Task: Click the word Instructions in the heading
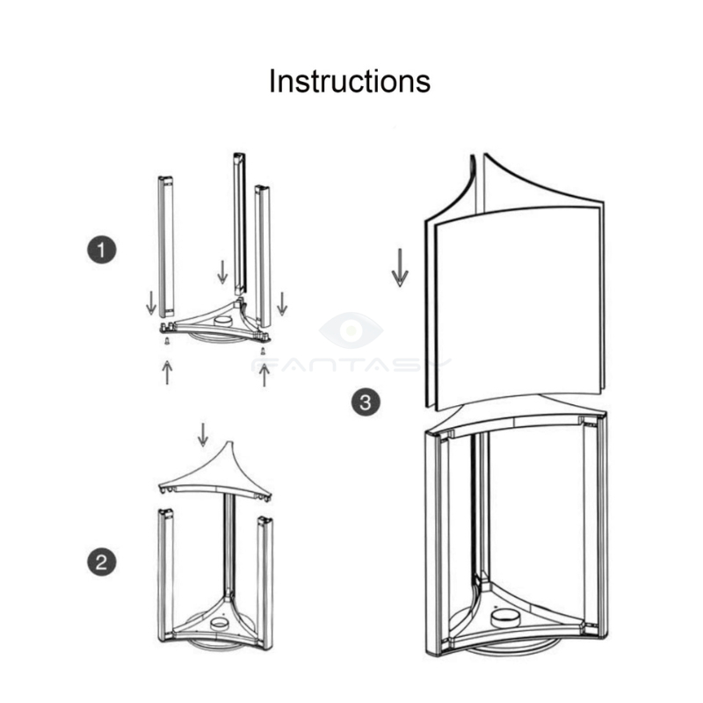click(x=349, y=81)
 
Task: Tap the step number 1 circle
click(x=102, y=250)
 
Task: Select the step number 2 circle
click(x=102, y=562)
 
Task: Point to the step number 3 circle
click(x=366, y=402)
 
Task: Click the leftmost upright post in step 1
click(x=166, y=247)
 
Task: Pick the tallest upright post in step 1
click(x=239, y=224)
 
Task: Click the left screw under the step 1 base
click(x=167, y=341)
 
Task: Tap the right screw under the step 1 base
click(x=263, y=351)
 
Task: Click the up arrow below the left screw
click(x=167, y=372)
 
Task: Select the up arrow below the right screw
click(x=265, y=375)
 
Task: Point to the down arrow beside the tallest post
click(x=222, y=272)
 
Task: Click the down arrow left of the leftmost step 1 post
click(x=151, y=302)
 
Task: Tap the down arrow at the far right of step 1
click(x=282, y=303)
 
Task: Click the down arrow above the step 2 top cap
click(x=203, y=435)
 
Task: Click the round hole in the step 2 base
click(x=221, y=623)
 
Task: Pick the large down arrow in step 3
click(x=400, y=268)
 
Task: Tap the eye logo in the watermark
click(x=351, y=330)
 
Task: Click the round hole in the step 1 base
click(x=222, y=322)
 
